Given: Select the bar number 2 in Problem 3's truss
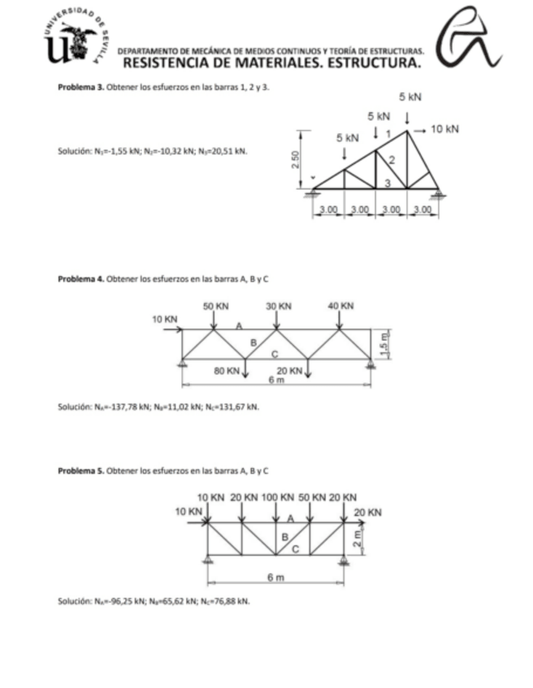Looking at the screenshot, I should pos(392,157).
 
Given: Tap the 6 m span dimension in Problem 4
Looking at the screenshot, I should pos(277,380).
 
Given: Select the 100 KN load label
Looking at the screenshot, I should pos(279,496).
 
